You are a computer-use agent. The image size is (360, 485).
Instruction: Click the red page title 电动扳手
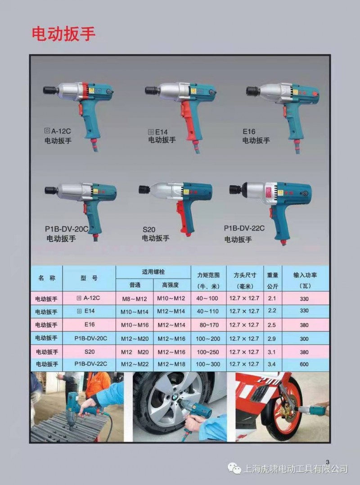[x=63, y=34]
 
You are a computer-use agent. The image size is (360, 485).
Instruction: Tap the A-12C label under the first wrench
[x=61, y=131]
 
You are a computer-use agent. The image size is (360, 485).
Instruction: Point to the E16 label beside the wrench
[x=249, y=132]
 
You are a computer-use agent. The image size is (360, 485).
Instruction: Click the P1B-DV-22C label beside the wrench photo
[x=244, y=228]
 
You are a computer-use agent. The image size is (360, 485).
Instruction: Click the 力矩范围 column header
[x=208, y=275]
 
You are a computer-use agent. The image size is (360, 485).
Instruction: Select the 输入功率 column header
[x=305, y=275]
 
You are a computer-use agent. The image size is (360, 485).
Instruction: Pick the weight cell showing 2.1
[x=272, y=298]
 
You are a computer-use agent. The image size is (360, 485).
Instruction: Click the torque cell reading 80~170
[x=209, y=325]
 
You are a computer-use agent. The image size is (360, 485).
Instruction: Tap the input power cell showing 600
[x=304, y=364]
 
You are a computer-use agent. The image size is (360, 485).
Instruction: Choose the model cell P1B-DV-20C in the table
[x=90, y=338]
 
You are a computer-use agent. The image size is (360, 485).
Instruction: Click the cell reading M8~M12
[x=135, y=299]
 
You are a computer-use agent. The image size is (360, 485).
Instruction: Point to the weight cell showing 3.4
[x=272, y=364]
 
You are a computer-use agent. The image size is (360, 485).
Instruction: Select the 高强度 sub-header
[x=171, y=285]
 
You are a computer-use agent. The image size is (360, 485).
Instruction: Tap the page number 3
[x=328, y=462]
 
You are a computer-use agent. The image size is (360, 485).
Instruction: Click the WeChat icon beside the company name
[x=234, y=469]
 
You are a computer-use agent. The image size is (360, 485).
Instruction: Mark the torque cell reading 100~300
[x=208, y=364]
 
